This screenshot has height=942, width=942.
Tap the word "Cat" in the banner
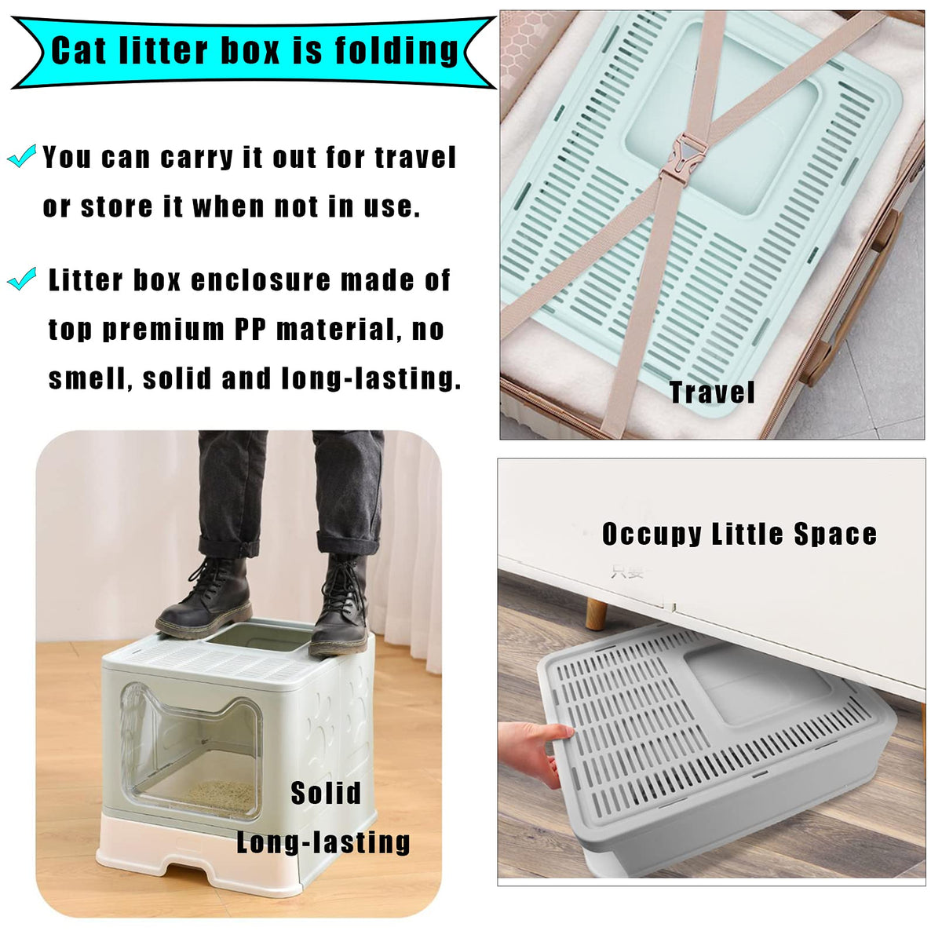coord(78,50)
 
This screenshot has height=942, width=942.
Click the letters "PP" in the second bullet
coord(250,330)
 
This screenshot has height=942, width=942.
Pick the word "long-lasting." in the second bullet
coord(371,379)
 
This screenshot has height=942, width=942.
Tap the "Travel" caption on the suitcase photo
coord(712,392)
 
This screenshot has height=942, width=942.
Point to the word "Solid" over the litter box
coord(326,793)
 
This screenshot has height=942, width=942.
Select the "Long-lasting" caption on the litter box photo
coord(323,842)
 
